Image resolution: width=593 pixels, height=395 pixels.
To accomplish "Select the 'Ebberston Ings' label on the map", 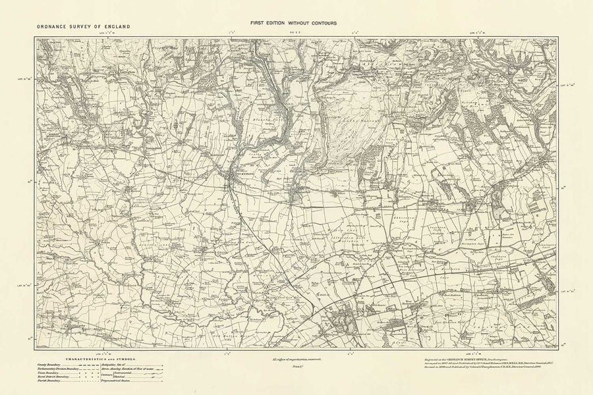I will (x=401, y=214).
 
